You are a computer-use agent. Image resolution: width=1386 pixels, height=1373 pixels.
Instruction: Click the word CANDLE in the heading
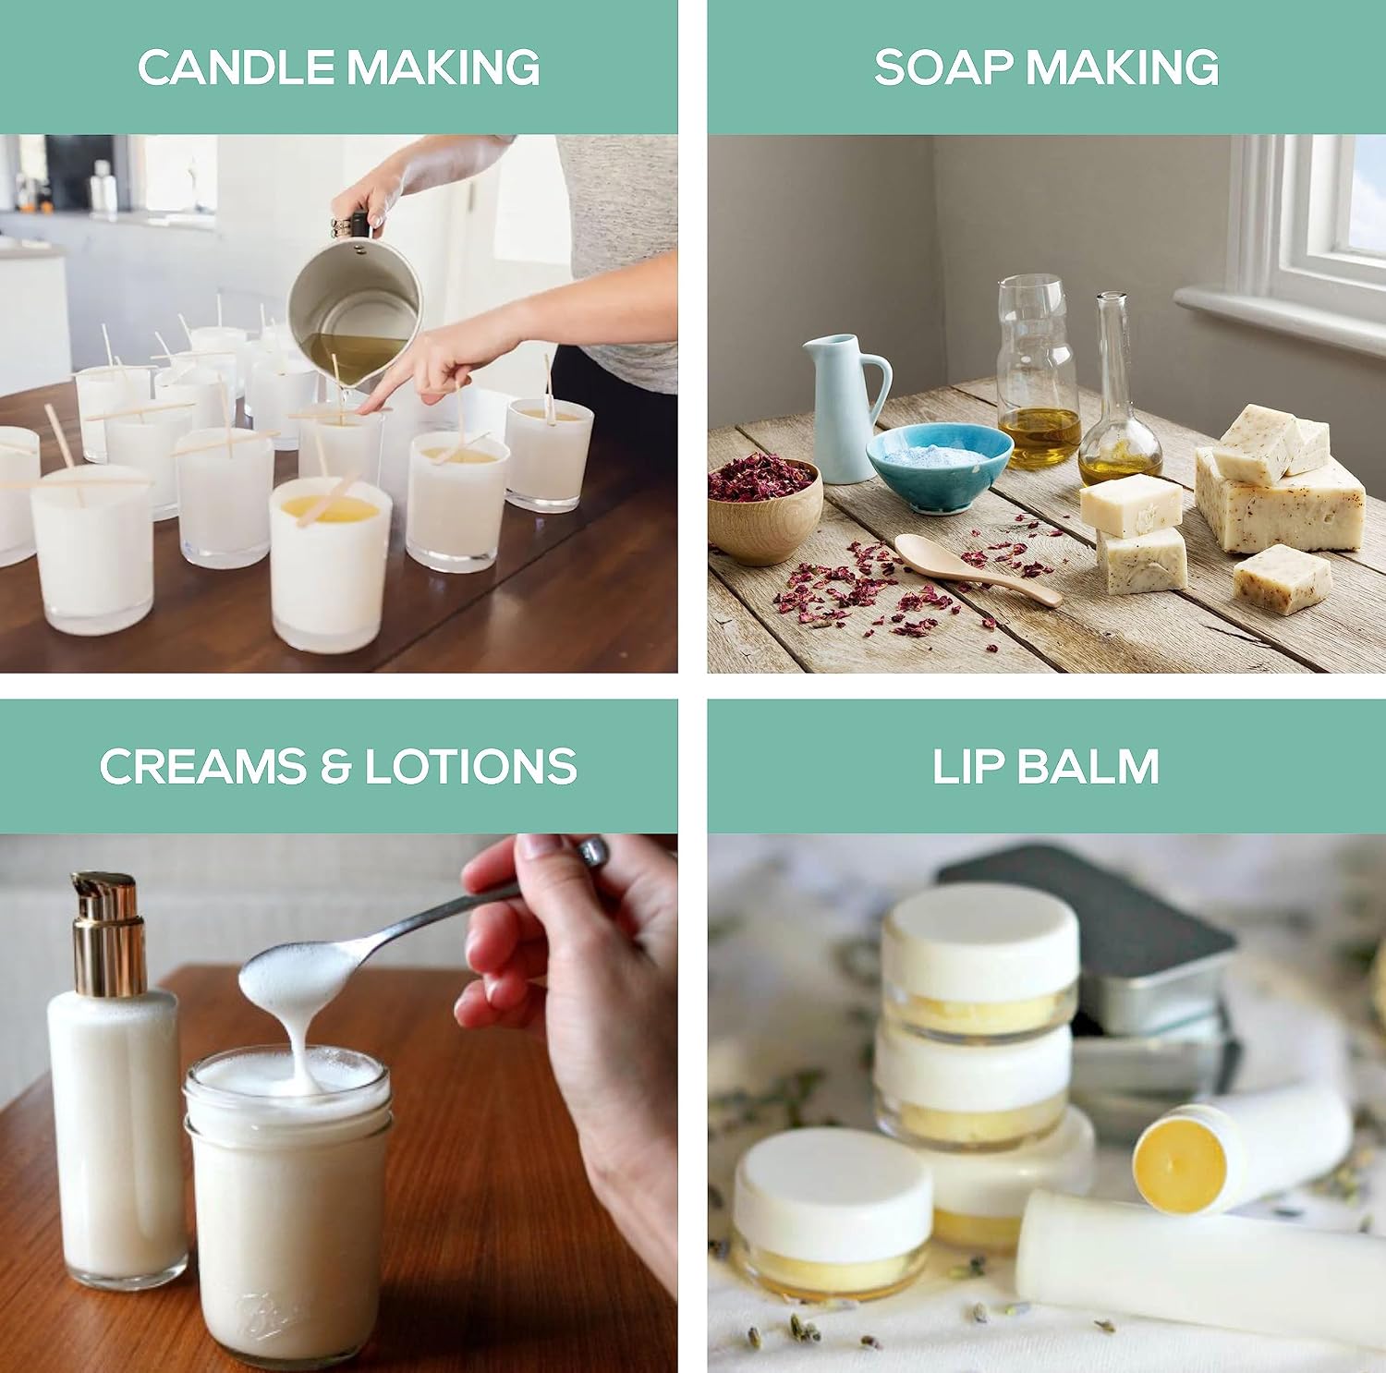[236, 67]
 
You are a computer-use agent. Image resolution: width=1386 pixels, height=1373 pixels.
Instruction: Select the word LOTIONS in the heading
[470, 767]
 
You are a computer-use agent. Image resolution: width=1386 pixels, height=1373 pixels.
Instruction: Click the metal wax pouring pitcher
[356, 305]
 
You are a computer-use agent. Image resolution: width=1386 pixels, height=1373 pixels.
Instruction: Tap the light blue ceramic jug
[845, 407]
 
